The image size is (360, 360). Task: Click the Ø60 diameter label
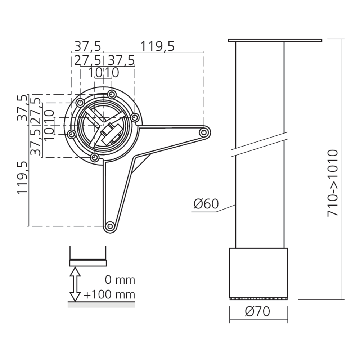click(x=206, y=204)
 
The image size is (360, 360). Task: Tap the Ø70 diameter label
click(x=257, y=311)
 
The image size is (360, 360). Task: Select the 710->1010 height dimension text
click(x=333, y=183)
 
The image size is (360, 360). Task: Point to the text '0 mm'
click(x=120, y=280)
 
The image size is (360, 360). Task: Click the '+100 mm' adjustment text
click(x=109, y=294)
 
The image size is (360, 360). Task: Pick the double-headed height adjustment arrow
click(x=75, y=284)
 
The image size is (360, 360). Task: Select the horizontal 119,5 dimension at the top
click(x=157, y=46)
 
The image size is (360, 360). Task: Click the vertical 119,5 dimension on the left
click(x=22, y=178)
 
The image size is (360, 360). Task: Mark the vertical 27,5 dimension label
click(x=36, y=111)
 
